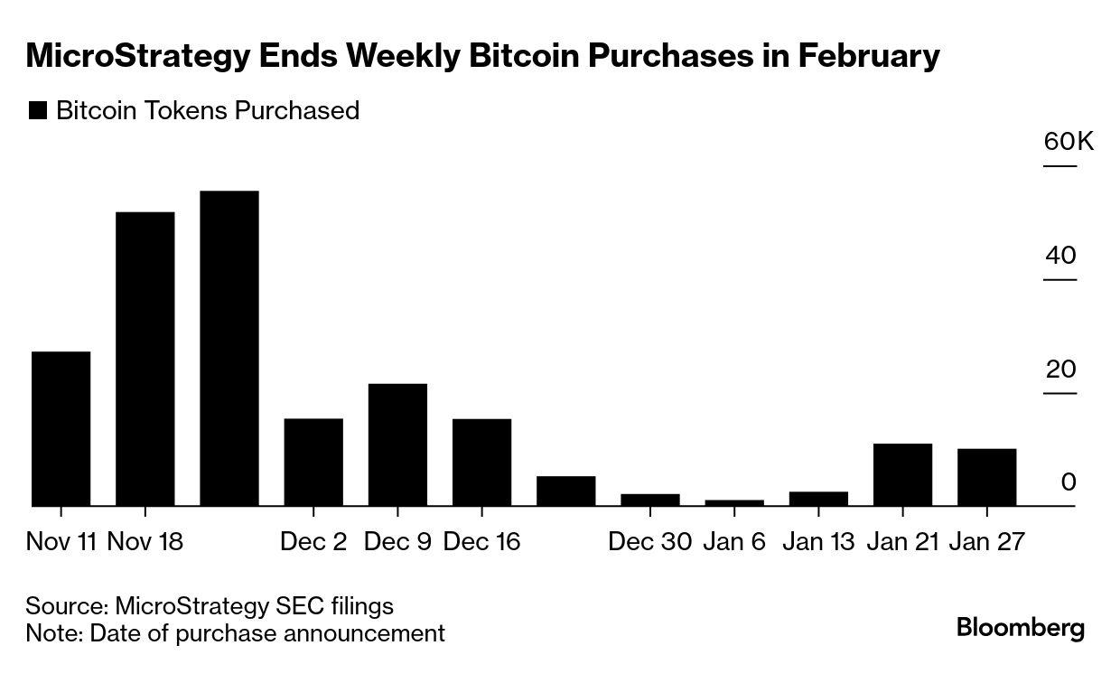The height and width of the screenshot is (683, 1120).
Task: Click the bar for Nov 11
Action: tap(61, 429)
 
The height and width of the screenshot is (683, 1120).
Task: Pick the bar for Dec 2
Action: tap(313, 463)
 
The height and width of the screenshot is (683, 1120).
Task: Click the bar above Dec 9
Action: tap(397, 445)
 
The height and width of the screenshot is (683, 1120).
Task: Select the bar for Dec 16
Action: tap(481, 463)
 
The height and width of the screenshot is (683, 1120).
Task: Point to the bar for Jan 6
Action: tap(734, 503)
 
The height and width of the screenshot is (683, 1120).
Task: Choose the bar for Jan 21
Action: tap(902, 475)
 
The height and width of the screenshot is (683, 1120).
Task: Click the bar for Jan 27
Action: tap(986, 478)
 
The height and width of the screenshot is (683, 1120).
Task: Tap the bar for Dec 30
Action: tap(650, 501)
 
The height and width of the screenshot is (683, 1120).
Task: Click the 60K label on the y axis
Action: tap(1069, 142)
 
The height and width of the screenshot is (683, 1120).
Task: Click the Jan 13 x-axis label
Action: tap(818, 541)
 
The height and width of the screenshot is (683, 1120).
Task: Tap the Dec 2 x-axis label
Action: tap(313, 541)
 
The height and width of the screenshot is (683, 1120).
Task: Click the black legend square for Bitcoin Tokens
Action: tap(38, 111)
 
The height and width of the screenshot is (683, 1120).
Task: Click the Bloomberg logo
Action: tap(1021, 627)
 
